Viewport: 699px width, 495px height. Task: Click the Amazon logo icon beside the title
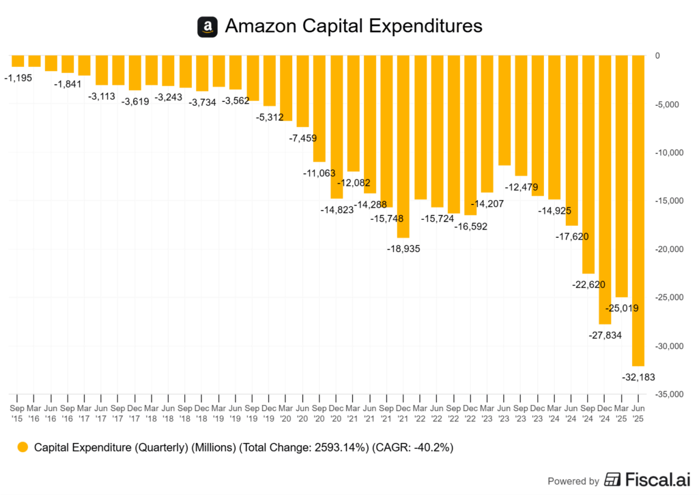(208, 27)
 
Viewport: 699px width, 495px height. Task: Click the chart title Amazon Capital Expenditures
(354, 27)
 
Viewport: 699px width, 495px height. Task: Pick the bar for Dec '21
(403, 147)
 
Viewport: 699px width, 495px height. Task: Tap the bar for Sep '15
(17, 61)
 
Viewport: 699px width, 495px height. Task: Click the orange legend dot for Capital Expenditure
(23, 448)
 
